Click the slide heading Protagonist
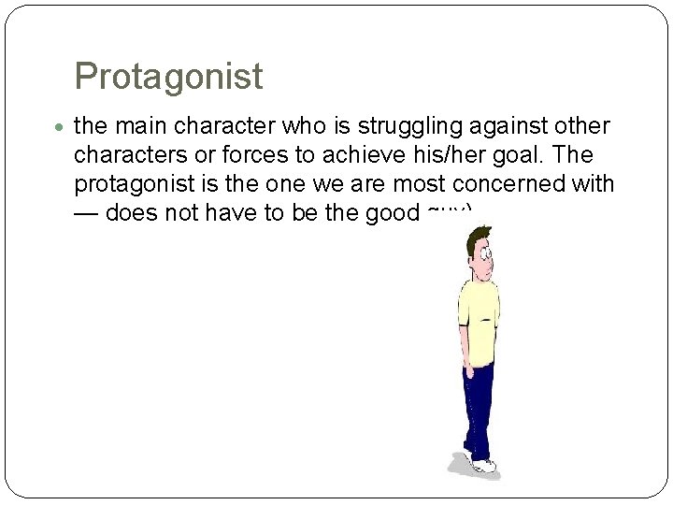coord(168,77)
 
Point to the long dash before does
coord(86,213)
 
